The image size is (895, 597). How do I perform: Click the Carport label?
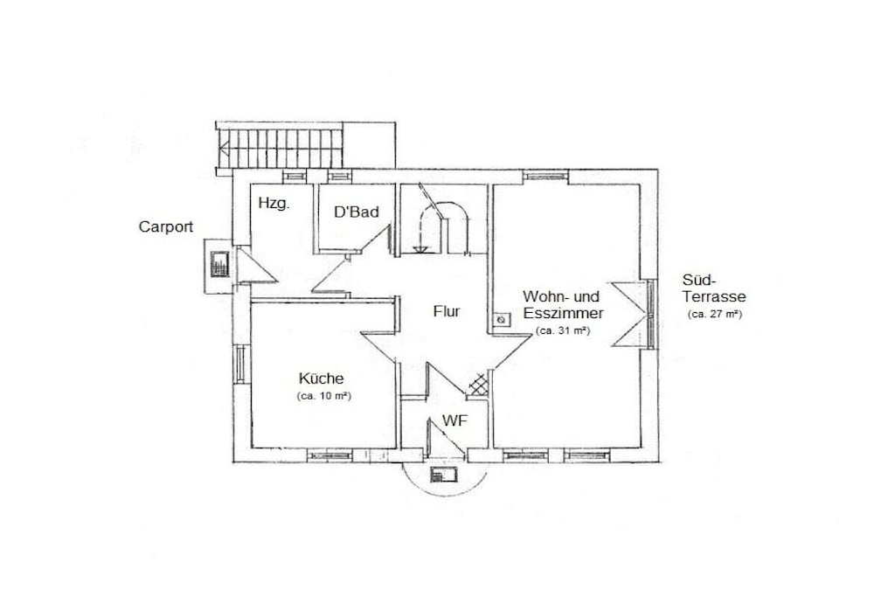[x=166, y=227]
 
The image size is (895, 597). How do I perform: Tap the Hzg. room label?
[x=274, y=203]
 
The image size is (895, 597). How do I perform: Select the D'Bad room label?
[x=357, y=212]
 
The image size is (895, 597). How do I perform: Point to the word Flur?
[x=447, y=312]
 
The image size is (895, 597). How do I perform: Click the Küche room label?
[x=322, y=378]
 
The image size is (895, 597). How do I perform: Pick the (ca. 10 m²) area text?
[x=323, y=396]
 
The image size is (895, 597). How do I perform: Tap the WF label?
[x=454, y=421]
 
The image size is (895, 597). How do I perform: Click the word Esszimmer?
[x=563, y=313]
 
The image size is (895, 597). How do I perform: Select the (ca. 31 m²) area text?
[x=563, y=330]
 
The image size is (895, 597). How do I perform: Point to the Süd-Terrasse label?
[x=714, y=288]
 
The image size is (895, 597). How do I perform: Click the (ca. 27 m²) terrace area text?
[x=715, y=314]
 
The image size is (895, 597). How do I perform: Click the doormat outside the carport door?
[x=219, y=264]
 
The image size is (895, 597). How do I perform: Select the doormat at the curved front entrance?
[x=445, y=475]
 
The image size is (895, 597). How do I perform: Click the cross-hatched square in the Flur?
[x=478, y=385]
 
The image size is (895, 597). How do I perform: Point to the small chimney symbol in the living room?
[x=501, y=320]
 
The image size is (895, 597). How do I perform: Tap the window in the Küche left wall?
[x=240, y=364]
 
